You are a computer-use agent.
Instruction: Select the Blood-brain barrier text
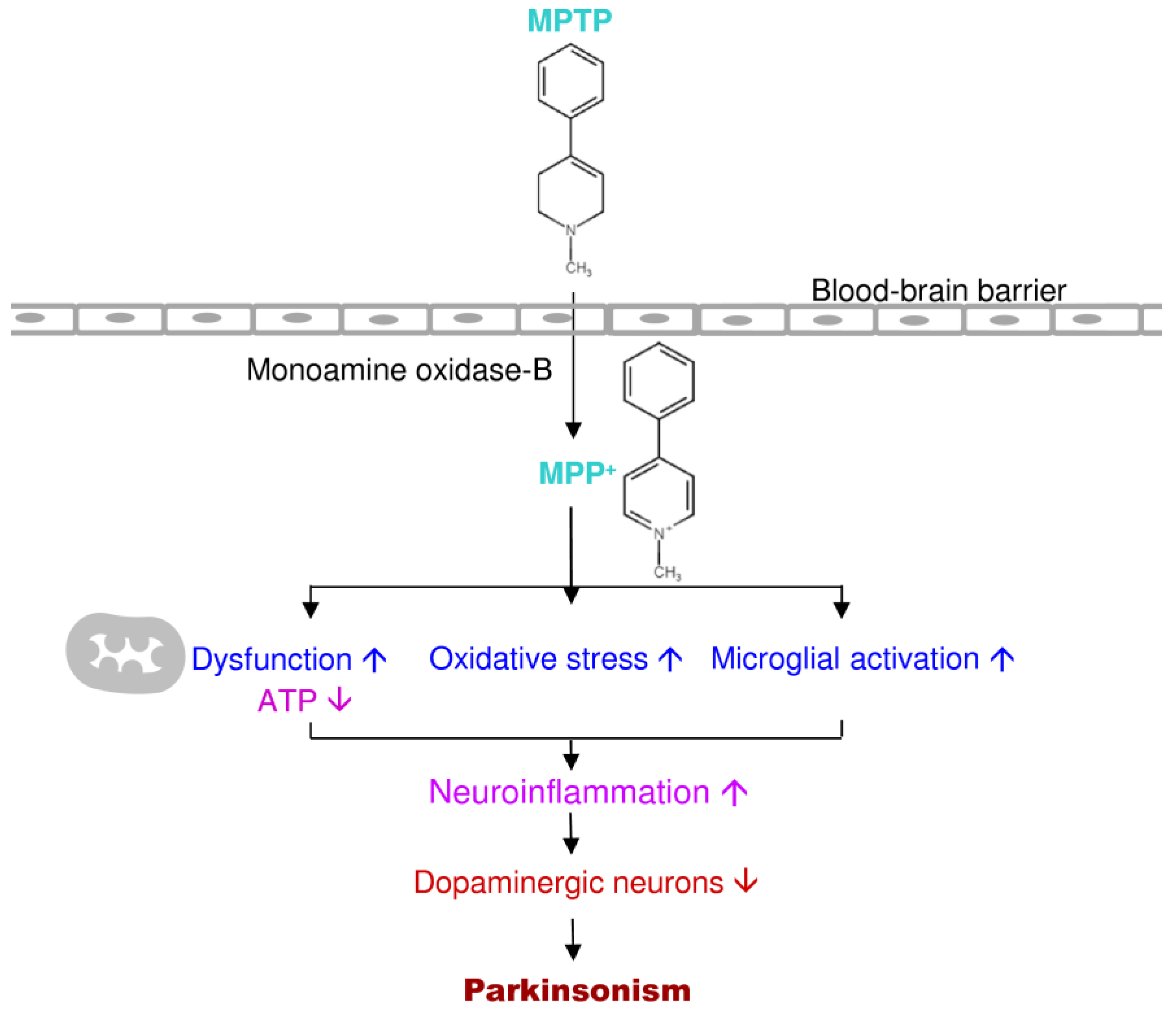pyautogui.click(x=939, y=291)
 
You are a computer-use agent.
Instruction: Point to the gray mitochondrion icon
pyautogui.click(x=125, y=653)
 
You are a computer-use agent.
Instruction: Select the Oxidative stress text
pyautogui.click(x=538, y=659)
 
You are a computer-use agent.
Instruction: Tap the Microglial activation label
pyautogui.click(x=845, y=659)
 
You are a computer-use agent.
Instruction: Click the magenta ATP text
pyautogui.click(x=287, y=701)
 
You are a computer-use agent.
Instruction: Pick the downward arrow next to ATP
pyautogui.click(x=340, y=701)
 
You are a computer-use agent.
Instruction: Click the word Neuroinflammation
pyautogui.click(x=569, y=792)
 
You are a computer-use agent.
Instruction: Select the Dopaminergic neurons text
pyautogui.click(x=569, y=883)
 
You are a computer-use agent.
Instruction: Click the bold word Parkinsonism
pyautogui.click(x=577, y=990)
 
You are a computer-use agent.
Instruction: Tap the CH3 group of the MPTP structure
pyautogui.click(x=578, y=268)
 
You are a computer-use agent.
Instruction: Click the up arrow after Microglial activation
pyautogui.click(x=1002, y=659)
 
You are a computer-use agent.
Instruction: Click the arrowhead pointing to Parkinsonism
pyautogui.click(x=573, y=952)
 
